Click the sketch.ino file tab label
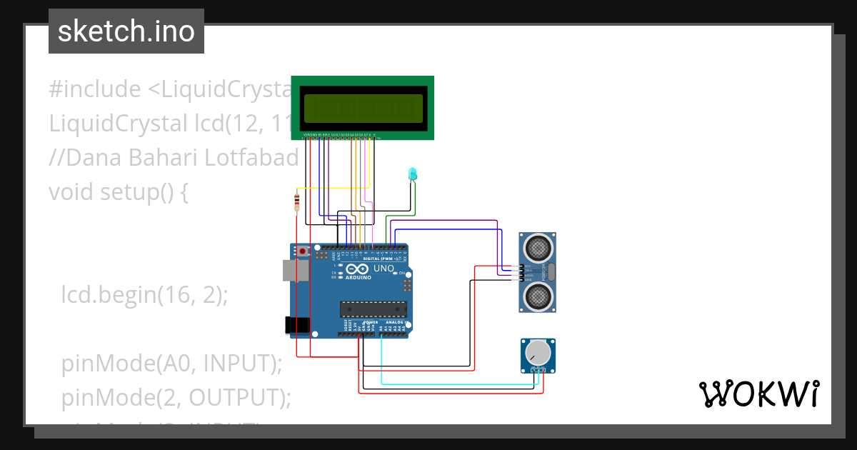click(126, 31)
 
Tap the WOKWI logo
click(758, 394)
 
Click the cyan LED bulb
click(412, 174)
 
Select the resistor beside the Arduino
click(296, 202)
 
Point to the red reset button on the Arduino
click(303, 251)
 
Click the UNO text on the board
click(384, 269)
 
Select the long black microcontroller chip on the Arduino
click(373, 309)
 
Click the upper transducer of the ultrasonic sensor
click(537, 248)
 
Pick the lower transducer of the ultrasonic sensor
click(537, 294)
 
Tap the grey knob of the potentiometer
click(538, 352)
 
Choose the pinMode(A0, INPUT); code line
click(171, 363)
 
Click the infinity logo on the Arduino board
click(360, 269)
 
